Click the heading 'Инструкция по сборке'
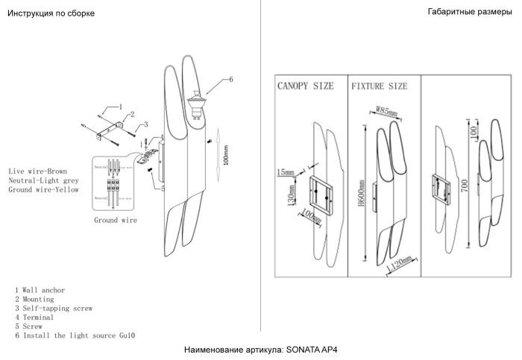51,14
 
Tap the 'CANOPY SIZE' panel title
305,86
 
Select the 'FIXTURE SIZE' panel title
380,86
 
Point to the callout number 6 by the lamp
231,79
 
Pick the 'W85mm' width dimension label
386,112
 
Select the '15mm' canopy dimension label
284,173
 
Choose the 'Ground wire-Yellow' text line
43,190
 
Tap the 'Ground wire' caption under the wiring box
115,221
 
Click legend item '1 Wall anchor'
40,289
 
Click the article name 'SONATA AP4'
312,350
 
